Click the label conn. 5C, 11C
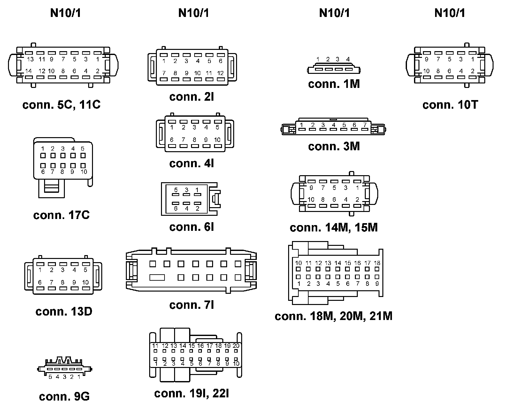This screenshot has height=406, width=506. point(61,105)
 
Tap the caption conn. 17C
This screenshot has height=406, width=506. point(61,215)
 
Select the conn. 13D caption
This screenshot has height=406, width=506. point(64,311)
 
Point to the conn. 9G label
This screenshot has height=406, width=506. point(64,396)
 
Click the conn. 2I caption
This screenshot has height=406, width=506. point(192,97)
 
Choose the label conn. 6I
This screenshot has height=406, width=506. point(192,227)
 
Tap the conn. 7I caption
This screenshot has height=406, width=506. point(192,305)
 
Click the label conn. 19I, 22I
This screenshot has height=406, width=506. point(192,393)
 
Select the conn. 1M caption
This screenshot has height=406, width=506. point(334,84)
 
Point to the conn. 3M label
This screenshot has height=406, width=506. point(334,146)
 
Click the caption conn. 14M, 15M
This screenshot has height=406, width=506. point(334,228)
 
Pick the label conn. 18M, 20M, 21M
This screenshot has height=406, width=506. point(333,316)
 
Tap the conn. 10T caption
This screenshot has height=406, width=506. point(450,105)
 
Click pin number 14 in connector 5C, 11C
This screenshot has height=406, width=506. point(28,71)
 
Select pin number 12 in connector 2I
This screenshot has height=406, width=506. point(220,73)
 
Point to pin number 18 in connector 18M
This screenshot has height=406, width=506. point(377,263)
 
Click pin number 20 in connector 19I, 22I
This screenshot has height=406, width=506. point(236,346)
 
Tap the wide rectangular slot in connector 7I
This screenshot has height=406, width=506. point(157,277)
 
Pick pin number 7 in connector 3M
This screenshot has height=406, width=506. point(364,125)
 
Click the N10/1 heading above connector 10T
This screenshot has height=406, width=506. point(450,13)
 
